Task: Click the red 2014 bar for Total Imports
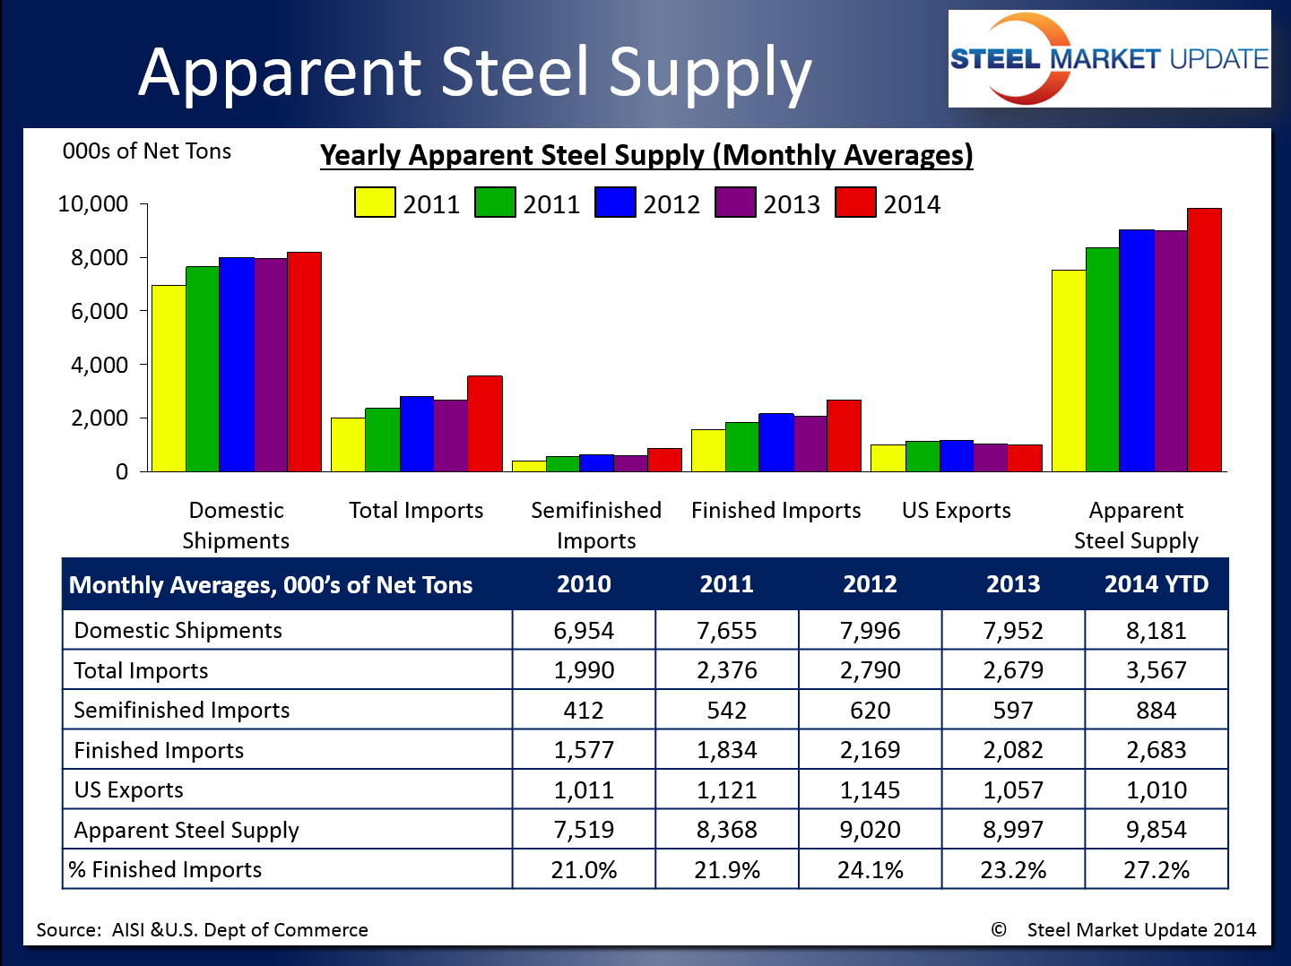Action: pyautogui.click(x=485, y=424)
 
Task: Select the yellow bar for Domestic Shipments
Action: pyautogui.click(x=169, y=378)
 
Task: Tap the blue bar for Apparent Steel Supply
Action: pyautogui.click(x=1137, y=350)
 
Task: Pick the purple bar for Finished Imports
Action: pyautogui.click(x=810, y=444)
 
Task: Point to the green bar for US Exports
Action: pyautogui.click(x=923, y=456)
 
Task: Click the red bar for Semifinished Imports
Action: pyautogui.click(x=664, y=460)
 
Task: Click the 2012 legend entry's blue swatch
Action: pyautogui.click(x=615, y=203)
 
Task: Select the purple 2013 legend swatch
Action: pyautogui.click(x=735, y=203)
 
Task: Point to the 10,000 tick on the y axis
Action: pyautogui.click(x=92, y=204)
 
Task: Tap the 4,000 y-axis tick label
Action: pyautogui.click(x=99, y=365)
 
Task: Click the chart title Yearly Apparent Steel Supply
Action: pyautogui.click(x=646, y=155)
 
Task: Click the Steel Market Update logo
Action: pyautogui.click(x=1109, y=59)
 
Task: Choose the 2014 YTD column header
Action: pyautogui.click(x=1156, y=584)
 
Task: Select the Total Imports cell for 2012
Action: pyautogui.click(x=870, y=670)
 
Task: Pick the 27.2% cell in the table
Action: pyautogui.click(x=1156, y=870)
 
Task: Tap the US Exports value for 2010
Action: pyautogui.click(x=584, y=790)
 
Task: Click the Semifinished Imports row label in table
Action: pyautogui.click(x=182, y=711)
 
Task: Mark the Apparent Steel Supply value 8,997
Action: pyautogui.click(x=1013, y=830)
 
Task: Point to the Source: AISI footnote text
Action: pyautogui.click(x=203, y=930)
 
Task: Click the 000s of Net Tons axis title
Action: pyautogui.click(x=147, y=151)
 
